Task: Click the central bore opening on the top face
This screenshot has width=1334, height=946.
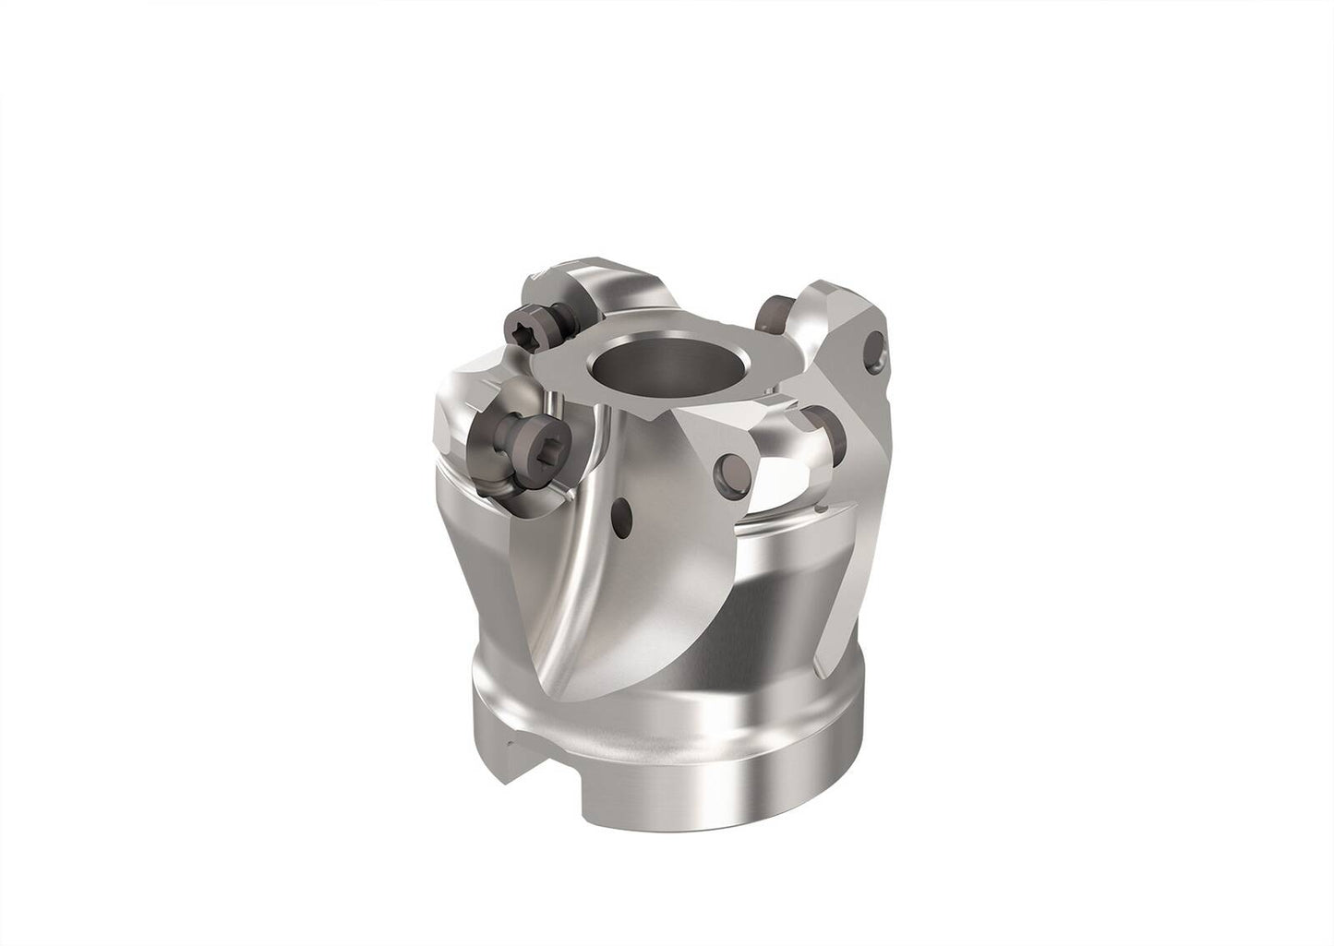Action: (x=633, y=363)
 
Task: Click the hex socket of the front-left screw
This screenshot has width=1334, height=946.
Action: (x=520, y=446)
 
